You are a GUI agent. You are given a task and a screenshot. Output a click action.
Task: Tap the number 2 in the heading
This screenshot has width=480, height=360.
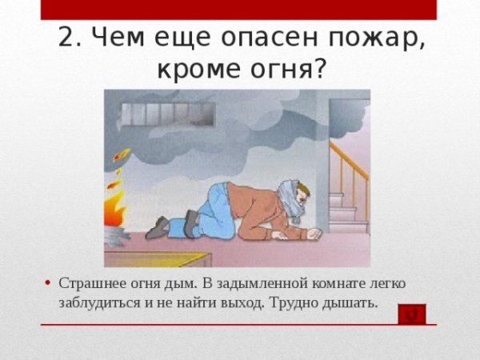click(x=66, y=38)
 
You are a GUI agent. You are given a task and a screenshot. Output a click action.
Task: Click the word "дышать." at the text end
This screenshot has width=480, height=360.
click(x=350, y=303)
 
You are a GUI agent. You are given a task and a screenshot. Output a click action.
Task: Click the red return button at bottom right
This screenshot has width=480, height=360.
click(x=412, y=314)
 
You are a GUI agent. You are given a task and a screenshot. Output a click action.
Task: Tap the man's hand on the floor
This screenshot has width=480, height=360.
click(x=313, y=235)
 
